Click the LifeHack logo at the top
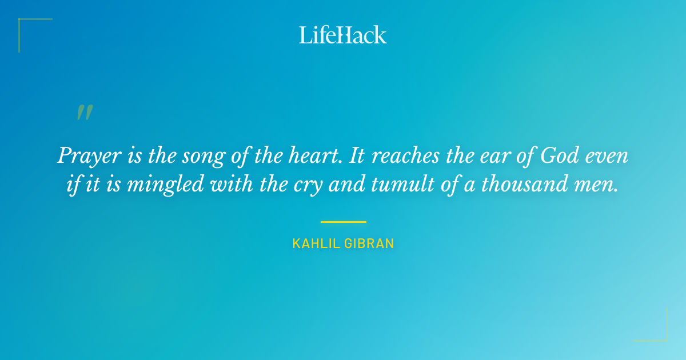[343, 35]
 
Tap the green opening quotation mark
[85, 113]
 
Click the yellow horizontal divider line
[343, 222]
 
